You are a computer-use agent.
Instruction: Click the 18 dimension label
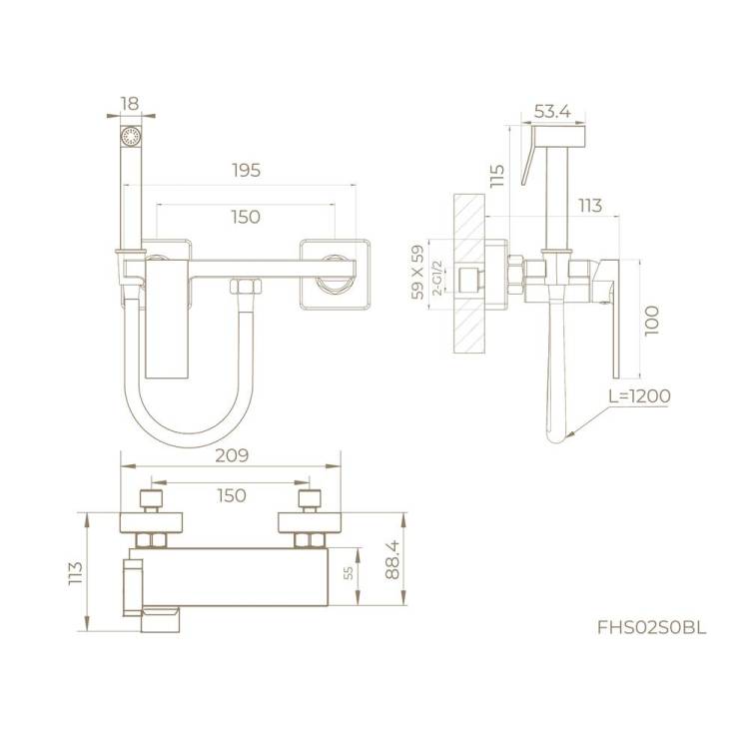click(130, 104)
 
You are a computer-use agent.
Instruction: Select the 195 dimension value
click(247, 170)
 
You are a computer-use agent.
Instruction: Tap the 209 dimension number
click(232, 455)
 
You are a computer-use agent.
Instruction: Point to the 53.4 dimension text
click(552, 111)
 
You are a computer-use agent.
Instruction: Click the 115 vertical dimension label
click(497, 176)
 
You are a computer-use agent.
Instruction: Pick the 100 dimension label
click(651, 321)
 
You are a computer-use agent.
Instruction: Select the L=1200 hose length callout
click(639, 395)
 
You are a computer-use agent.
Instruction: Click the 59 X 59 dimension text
click(417, 272)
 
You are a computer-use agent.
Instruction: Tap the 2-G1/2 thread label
click(437, 278)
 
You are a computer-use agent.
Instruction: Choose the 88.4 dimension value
click(392, 559)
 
